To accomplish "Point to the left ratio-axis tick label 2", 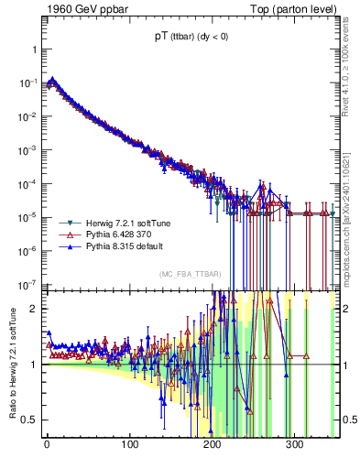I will click(34, 309).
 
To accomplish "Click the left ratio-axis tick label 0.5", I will click(29, 420).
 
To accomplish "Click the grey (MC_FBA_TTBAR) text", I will click(189, 274).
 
